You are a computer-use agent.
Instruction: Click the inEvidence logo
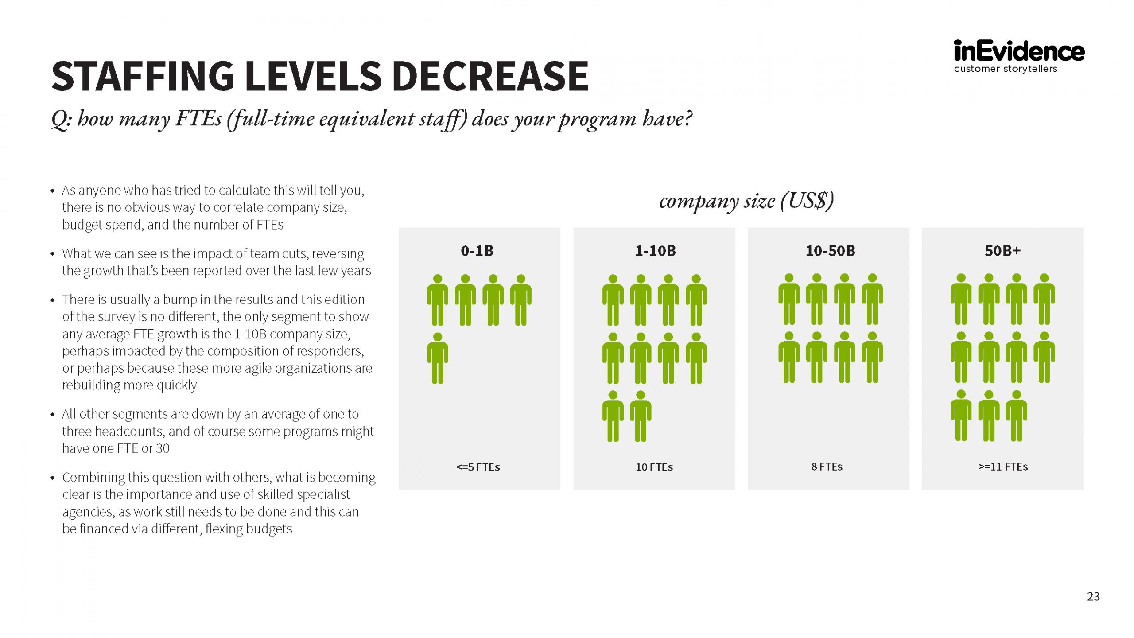(1019, 52)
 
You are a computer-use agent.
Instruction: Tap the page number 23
(1093, 596)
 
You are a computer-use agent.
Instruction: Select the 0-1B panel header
(477, 251)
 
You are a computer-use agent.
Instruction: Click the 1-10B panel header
(656, 251)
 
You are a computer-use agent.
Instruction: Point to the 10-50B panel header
(830, 251)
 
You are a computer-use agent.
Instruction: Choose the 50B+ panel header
(1003, 251)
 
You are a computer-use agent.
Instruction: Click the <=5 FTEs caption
(478, 467)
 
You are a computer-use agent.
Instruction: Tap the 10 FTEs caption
(654, 467)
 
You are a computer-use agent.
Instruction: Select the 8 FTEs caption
(827, 467)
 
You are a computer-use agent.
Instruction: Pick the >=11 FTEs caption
(1003, 467)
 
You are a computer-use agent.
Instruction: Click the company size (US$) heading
(746, 201)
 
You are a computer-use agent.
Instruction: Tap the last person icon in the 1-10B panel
(641, 416)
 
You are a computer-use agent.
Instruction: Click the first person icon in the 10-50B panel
(789, 300)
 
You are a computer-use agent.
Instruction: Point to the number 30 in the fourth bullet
(163, 448)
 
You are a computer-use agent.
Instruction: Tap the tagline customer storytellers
(1006, 69)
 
